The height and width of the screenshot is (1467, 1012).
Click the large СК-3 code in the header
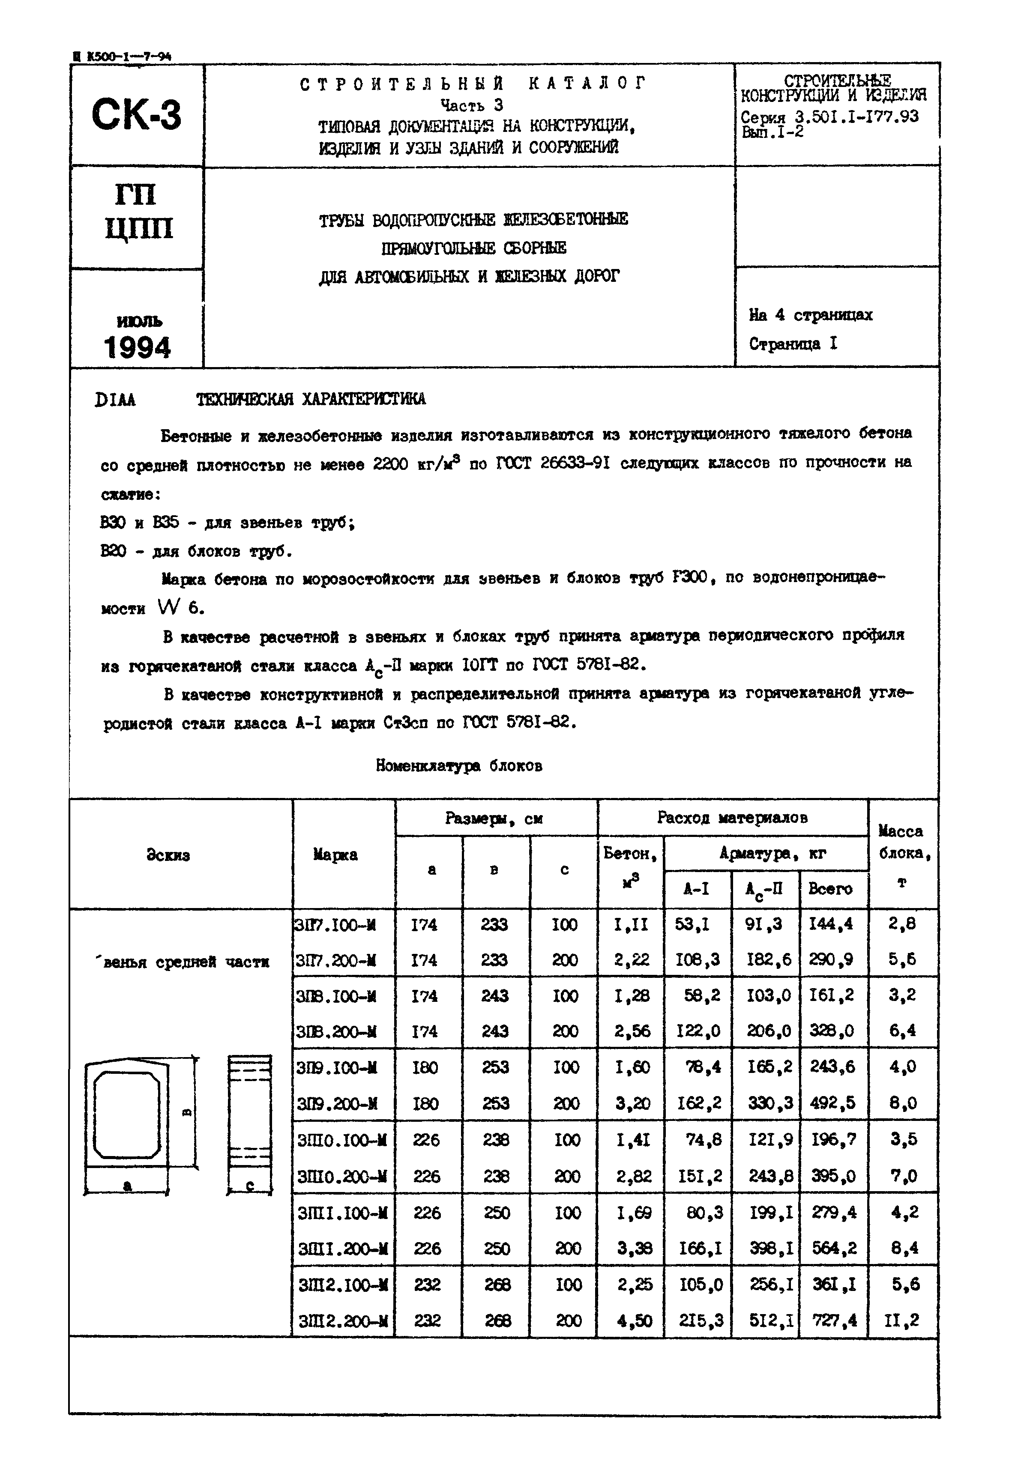coord(136,115)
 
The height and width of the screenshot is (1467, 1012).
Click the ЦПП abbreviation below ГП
coord(138,228)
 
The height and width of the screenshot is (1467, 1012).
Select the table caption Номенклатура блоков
coord(458,766)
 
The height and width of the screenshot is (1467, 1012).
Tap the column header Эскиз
coord(168,855)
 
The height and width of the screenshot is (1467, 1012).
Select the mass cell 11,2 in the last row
coord(901,1321)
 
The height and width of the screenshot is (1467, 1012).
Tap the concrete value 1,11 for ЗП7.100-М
coord(630,924)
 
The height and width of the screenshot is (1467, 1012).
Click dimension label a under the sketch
coord(127,1185)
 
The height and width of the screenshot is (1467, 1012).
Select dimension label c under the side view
coord(250,1185)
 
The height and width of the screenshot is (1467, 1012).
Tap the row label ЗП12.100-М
coord(342,1285)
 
